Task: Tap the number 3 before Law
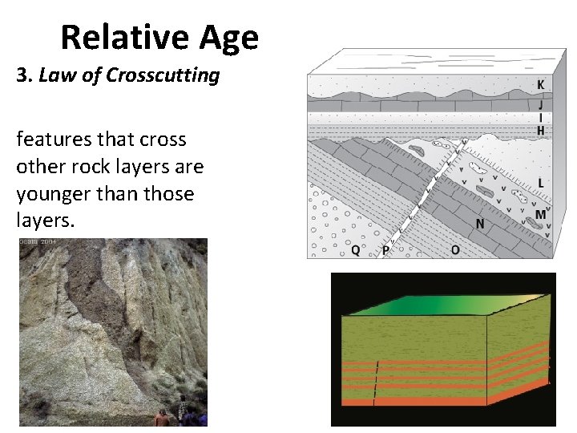[22, 76]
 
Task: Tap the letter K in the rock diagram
[542, 85]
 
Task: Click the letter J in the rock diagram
[542, 104]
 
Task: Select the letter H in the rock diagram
[542, 130]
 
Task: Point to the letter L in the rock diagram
[542, 184]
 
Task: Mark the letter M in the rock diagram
[540, 214]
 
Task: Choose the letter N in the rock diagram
[479, 224]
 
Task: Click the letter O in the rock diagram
[454, 249]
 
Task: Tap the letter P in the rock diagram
[385, 250]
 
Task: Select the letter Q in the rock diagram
[355, 249]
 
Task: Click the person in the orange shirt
[163, 418]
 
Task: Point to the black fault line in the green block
[375, 380]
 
